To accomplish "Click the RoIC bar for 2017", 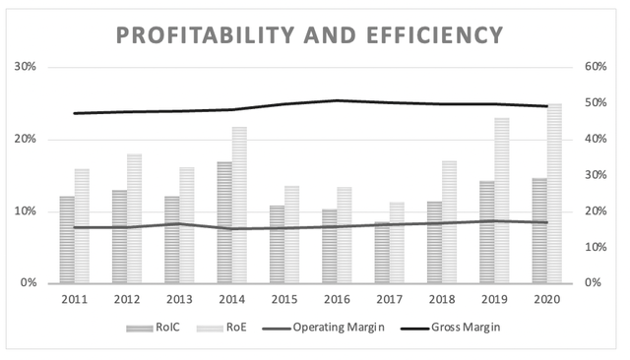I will pyautogui.click(x=383, y=253).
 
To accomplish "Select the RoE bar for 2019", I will pyautogui.click(x=502, y=201).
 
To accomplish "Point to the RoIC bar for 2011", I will pyautogui.click(x=67, y=240).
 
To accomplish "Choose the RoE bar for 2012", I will pyautogui.click(x=134, y=218).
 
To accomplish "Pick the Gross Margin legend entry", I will pyautogui.click(x=461, y=327).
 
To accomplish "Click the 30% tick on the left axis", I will pyautogui.click(x=25, y=67).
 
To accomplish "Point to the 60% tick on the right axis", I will pyautogui.click(x=598, y=67).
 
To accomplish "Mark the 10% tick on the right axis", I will pyautogui.click(x=598, y=247).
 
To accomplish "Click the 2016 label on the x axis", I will pyautogui.click(x=337, y=298).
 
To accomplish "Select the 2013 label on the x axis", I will pyautogui.click(x=179, y=298).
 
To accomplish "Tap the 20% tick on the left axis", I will pyautogui.click(x=25, y=139).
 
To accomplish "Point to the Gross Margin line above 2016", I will pyautogui.click(x=337, y=100).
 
